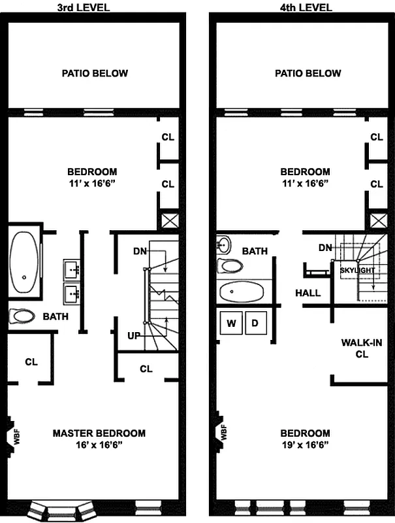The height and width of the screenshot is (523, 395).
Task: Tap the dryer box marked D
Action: click(x=256, y=323)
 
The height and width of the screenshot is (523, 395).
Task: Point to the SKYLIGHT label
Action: click(x=357, y=270)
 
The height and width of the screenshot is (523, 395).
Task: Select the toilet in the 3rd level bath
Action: click(x=24, y=317)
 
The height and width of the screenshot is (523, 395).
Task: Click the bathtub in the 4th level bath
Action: click(x=242, y=292)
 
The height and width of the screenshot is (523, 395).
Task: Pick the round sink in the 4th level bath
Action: click(x=223, y=246)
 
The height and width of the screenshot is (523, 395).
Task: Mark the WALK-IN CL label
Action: click(x=362, y=348)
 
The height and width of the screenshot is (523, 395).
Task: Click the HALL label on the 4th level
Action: click(x=308, y=293)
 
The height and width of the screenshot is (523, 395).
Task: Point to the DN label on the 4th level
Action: click(x=324, y=248)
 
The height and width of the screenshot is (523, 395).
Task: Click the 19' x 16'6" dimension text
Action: click(x=304, y=445)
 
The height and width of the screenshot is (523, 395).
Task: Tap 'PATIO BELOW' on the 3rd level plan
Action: click(x=95, y=73)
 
